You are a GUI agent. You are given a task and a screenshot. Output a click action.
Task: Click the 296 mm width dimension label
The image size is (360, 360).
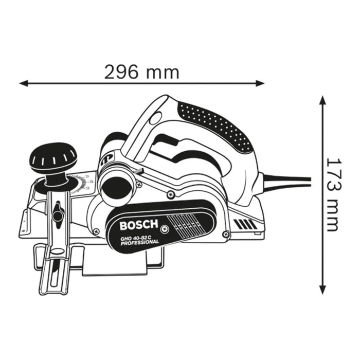tap(142, 71)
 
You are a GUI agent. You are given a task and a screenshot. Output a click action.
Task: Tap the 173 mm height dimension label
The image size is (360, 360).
tap(333, 194)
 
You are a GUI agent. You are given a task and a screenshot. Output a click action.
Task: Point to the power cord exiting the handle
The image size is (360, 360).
tap(288, 179)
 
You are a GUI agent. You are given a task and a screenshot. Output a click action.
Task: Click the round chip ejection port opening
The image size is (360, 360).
tap(117, 187)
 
